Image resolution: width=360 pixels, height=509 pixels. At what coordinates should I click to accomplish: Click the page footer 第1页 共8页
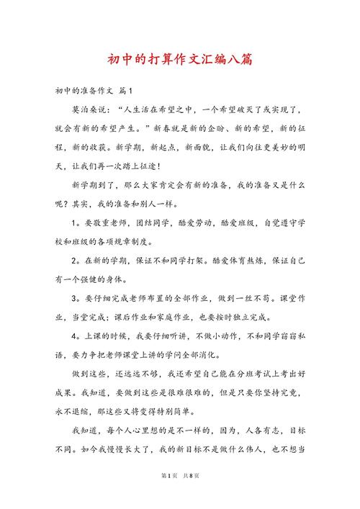[x=180, y=497]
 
